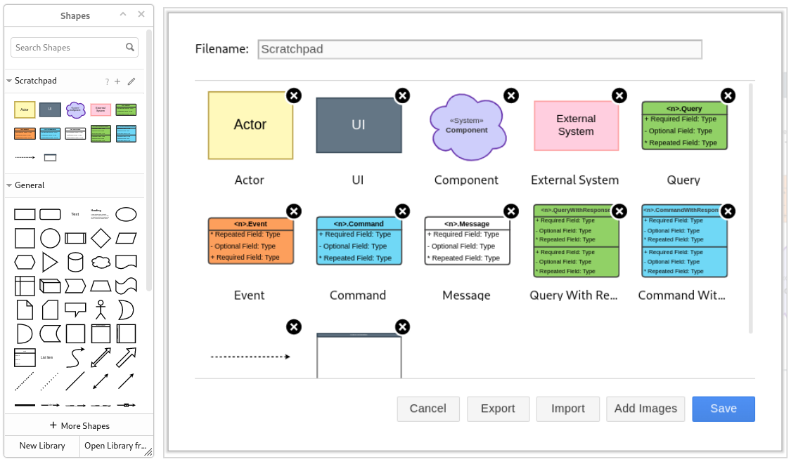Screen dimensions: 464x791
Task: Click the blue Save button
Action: pyautogui.click(x=723, y=409)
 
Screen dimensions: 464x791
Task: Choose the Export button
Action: pyautogui.click(x=498, y=409)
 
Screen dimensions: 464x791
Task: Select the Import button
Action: pyautogui.click(x=567, y=409)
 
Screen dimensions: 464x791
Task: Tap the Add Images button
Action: pyautogui.click(x=645, y=409)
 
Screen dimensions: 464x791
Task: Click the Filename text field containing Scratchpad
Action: pyautogui.click(x=480, y=49)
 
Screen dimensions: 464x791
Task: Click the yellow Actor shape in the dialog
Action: pyautogui.click(x=250, y=125)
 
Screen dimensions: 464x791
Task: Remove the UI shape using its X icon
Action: pyautogui.click(x=402, y=95)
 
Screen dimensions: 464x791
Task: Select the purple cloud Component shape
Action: pyautogui.click(x=466, y=125)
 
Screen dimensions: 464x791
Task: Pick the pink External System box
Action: pyautogui.click(x=576, y=126)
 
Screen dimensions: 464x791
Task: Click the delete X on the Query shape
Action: pyautogui.click(x=728, y=95)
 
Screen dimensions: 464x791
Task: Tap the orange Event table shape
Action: pyautogui.click(x=250, y=241)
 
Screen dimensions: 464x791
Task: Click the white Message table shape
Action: pyautogui.click(x=467, y=241)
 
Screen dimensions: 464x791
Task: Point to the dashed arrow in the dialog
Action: pyautogui.click(x=250, y=357)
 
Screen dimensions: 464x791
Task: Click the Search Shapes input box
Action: pyautogui.click(x=69, y=48)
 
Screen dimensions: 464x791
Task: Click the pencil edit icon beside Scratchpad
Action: pyautogui.click(x=131, y=81)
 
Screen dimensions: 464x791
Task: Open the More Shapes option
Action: pyautogui.click(x=79, y=425)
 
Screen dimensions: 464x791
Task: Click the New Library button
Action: pyautogui.click(x=42, y=446)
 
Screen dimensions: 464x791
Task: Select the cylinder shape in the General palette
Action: pyautogui.click(x=75, y=263)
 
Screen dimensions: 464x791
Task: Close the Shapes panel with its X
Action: pyautogui.click(x=141, y=15)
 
